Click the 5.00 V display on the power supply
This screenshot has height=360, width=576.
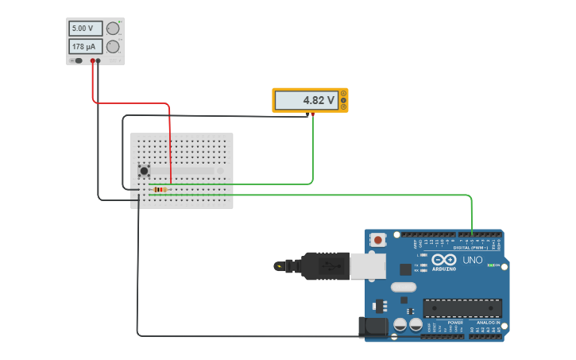point(85,29)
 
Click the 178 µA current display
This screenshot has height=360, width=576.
point(85,47)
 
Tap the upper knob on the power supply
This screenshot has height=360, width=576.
point(113,29)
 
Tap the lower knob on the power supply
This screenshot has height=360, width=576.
point(113,47)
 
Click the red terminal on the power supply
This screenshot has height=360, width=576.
point(93,60)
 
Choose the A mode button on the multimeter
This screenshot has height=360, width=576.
point(343,94)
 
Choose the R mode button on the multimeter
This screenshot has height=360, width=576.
point(343,106)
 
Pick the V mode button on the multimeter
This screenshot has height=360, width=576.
point(343,100)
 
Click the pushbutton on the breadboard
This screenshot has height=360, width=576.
point(144,171)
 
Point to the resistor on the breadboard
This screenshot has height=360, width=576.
point(161,189)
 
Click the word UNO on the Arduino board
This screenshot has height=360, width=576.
point(473,260)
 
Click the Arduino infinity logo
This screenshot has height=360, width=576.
point(444,261)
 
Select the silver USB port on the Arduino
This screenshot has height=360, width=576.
point(368,266)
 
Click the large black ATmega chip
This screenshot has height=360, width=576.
point(462,308)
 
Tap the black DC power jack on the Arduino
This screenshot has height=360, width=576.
point(373,327)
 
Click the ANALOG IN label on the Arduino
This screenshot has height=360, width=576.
point(488,322)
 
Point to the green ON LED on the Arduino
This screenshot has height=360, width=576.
point(490,265)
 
